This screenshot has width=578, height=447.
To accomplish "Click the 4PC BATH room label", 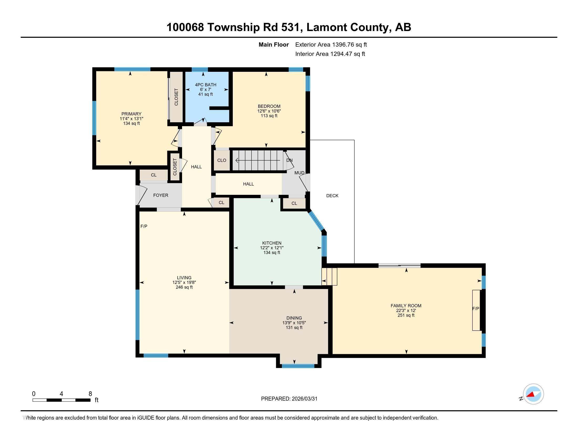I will [205, 85].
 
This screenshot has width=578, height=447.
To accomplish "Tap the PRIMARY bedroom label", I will [131, 114].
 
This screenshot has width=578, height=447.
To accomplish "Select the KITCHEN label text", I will [272, 243].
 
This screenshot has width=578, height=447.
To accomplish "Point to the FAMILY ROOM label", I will [406, 306].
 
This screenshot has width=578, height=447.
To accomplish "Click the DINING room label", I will [294, 318].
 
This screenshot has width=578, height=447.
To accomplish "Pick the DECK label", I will [332, 196].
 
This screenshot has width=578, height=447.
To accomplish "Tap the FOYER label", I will [161, 195].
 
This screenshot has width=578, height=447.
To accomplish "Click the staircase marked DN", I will [257, 160].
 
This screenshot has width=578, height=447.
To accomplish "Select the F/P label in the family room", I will [476, 308].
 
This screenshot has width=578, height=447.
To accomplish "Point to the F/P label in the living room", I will [144, 226].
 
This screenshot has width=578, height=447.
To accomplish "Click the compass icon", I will [533, 394].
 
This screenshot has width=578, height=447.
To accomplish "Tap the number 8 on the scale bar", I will [90, 394].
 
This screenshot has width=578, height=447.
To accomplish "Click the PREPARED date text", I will [289, 399].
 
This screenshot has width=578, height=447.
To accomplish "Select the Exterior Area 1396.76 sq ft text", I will [331, 44].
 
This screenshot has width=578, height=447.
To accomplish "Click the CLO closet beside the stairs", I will [221, 160].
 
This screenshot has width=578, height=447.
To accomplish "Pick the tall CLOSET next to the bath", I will [176, 97].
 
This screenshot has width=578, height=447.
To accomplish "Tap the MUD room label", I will [299, 173].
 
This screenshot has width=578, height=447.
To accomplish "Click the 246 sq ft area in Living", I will [184, 287].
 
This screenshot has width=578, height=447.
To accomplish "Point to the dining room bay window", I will [298, 366].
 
